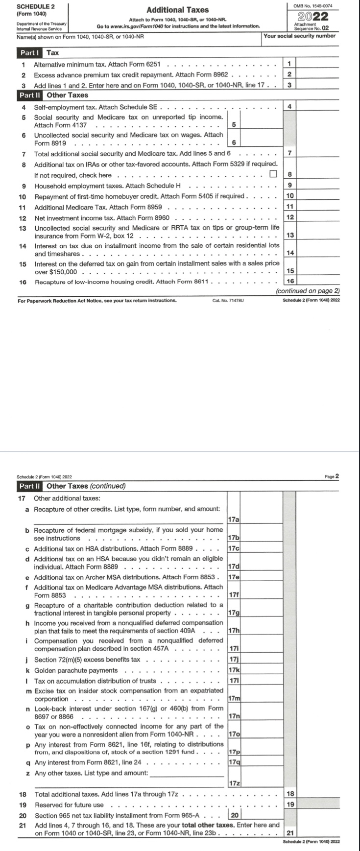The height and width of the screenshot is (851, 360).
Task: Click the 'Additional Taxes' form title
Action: [x=178, y=10]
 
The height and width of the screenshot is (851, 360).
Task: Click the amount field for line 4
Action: [x=318, y=106]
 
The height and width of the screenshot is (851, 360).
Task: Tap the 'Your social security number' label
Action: [x=299, y=36]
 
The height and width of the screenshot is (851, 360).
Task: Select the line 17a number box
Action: [x=234, y=519]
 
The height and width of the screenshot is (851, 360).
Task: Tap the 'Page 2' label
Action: [x=332, y=476]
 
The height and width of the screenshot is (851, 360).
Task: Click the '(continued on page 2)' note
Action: [x=308, y=291]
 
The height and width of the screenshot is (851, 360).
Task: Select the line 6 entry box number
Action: [x=234, y=142]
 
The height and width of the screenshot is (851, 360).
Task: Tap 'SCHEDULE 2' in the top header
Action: [x=36, y=6]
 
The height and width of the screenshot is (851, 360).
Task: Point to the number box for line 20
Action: [x=234, y=815]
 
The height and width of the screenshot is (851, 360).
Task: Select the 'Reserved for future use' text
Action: [x=69, y=805]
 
